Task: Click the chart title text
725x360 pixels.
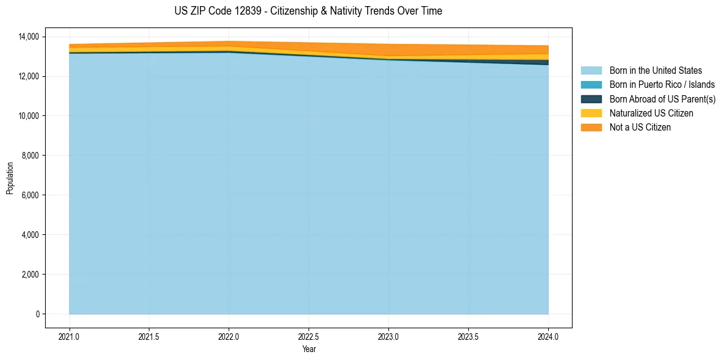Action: [308, 11]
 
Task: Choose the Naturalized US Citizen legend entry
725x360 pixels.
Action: [651, 113]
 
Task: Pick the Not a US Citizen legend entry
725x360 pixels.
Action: [640, 127]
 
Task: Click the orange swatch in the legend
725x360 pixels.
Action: [591, 127]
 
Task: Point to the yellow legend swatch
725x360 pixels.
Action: [591, 113]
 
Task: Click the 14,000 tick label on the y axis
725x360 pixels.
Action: [29, 37]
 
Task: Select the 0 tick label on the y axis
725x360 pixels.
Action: [37, 314]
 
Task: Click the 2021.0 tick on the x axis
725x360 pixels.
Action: [70, 336]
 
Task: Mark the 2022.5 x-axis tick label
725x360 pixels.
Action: [309, 336]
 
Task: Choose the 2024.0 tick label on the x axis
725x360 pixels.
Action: [548, 336]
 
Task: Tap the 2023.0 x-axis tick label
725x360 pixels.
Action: [388, 336]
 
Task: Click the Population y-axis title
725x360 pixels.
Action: [10, 178]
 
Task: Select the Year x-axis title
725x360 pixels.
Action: [309, 349]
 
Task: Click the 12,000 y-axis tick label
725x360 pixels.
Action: [29, 76]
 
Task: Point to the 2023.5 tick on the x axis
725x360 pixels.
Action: [468, 336]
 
